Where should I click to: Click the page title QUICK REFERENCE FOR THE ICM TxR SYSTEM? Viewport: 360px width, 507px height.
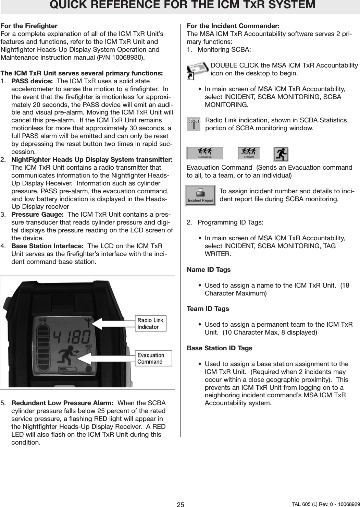coord(182,5)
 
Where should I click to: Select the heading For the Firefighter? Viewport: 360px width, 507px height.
coord(29,26)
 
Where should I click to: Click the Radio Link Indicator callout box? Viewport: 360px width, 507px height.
coord(151,323)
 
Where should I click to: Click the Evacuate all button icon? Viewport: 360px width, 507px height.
coord(204,153)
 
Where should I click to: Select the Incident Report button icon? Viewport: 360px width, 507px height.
coord(200,195)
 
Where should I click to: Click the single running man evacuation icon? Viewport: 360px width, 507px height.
coord(281,154)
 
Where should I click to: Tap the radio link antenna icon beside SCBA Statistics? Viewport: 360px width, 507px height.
coord(194,124)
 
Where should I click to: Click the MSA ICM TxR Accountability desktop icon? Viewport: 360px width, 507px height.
coord(198,70)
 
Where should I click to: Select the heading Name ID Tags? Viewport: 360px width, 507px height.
coord(209,270)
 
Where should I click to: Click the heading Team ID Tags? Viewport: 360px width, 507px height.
coord(208,309)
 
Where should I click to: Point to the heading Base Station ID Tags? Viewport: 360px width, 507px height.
coord(219,348)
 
